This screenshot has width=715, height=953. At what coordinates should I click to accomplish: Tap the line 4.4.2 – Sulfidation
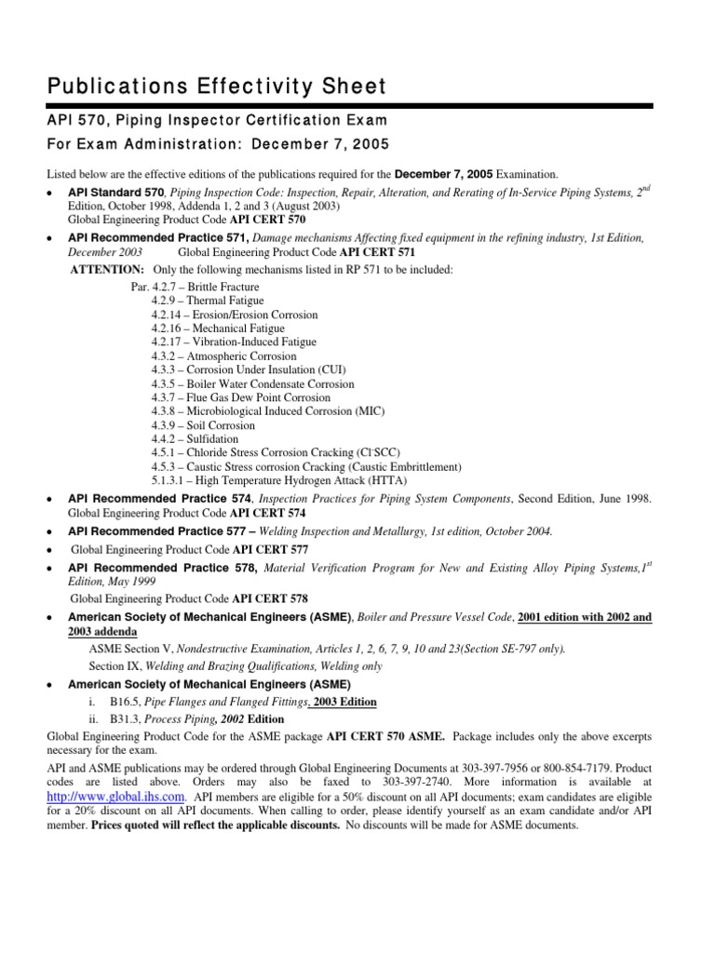tap(195, 438)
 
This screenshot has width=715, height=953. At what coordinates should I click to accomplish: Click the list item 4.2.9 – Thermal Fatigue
tap(208, 301)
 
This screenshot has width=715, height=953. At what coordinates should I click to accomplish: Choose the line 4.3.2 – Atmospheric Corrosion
tap(223, 356)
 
